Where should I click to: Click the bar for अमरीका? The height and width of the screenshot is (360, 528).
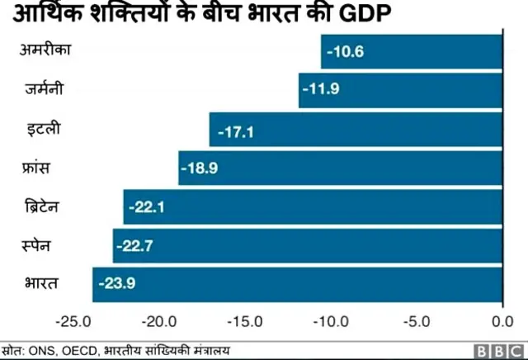click(411, 52)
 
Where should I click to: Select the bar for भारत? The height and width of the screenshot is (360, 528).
click(297, 283)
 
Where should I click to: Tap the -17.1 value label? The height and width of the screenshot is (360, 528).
click(234, 130)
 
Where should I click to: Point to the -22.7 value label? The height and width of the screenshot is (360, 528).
click(138, 245)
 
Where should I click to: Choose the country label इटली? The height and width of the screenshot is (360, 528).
click(41, 129)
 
